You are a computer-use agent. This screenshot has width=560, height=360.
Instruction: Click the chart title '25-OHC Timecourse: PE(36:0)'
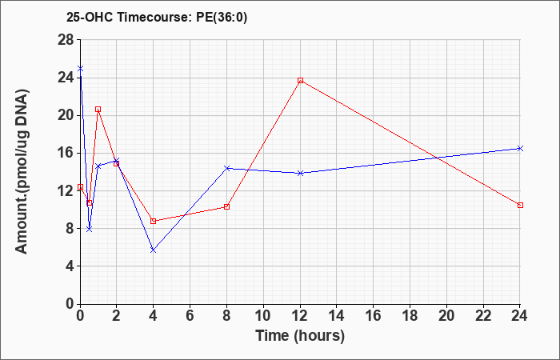(157, 18)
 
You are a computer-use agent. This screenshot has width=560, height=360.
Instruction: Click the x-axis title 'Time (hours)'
(300, 336)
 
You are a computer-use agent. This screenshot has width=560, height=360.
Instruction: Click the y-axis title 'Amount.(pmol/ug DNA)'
(22, 171)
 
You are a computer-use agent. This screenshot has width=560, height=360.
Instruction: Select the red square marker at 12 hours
(300, 80)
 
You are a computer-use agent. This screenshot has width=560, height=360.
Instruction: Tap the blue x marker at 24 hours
(520, 148)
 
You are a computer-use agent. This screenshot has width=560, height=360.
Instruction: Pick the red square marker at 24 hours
(520, 205)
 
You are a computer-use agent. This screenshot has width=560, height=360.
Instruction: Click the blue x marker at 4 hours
(154, 250)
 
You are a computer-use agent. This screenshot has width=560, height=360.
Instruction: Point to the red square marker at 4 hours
(154, 221)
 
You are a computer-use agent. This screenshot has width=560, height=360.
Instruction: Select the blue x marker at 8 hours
(226, 168)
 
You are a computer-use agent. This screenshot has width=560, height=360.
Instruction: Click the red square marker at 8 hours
(226, 206)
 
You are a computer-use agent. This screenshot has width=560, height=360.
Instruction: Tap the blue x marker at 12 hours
(300, 173)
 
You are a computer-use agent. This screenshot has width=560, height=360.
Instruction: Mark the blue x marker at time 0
(80, 68)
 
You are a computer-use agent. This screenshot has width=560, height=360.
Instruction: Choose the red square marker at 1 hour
(98, 110)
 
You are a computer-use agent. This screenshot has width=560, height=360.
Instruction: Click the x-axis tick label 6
(190, 316)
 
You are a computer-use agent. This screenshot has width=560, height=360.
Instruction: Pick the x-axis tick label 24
(520, 316)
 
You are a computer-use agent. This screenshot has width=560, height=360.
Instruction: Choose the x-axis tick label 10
(263, 316)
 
